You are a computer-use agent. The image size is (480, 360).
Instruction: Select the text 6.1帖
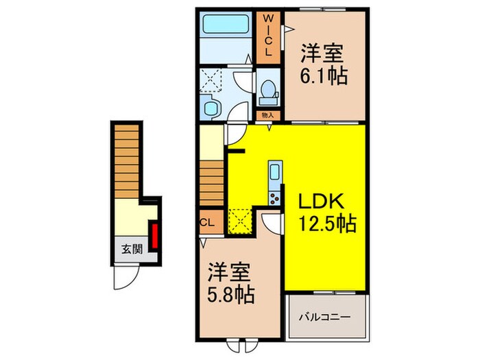323,75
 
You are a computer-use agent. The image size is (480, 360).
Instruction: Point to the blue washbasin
210,108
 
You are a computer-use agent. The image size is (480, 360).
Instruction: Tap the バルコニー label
326,317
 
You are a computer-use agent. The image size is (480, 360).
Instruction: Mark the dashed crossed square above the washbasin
212,81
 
